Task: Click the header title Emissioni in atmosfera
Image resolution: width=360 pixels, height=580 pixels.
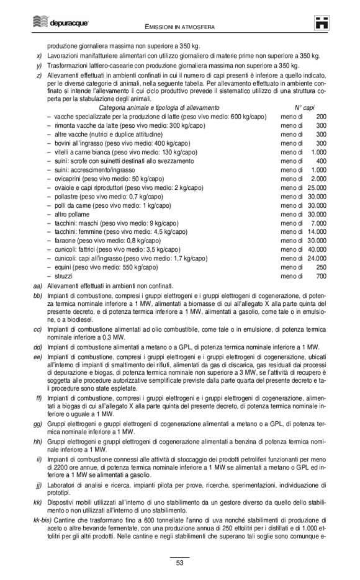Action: click(180, 27)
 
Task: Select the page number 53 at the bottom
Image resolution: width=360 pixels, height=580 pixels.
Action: click(179, 563)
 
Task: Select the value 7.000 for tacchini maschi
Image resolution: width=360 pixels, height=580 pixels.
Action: click(318, 223)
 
